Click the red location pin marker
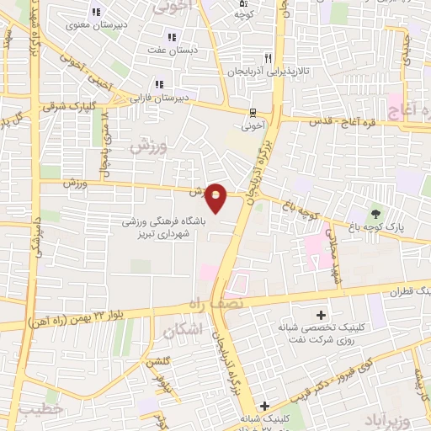point(216,197)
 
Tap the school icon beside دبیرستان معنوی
point(96,12)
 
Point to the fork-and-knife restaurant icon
point(268,58)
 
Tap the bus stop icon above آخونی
point(253,113)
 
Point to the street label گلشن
point(155,363)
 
